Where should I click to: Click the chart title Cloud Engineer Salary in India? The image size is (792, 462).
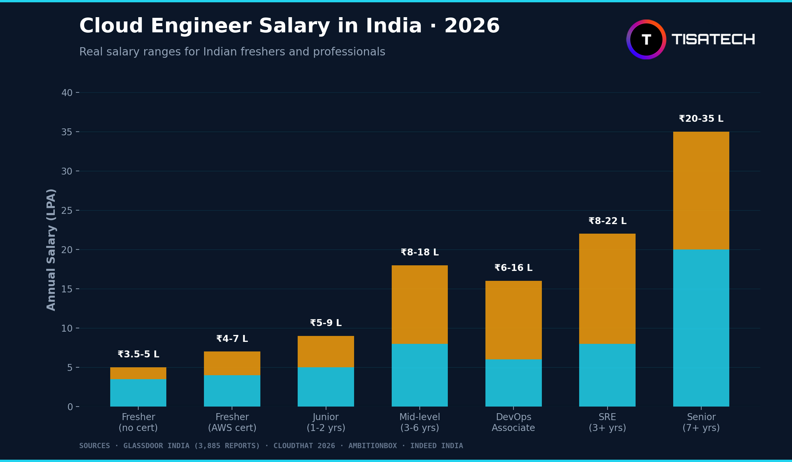pyautogui.click(x=289, y=26)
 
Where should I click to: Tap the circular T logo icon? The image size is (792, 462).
pyautogui.click(x=646, y=40)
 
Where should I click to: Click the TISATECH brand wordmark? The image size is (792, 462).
pyautogui.click(x=713, y=40)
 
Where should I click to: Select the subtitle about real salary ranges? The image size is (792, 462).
pyautogui.click(x=232, y=52)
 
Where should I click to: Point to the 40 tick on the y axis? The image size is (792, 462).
pyautogui.click(x=67, y=93)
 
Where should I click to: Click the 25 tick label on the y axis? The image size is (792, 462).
pyautogui.click(x=67, y=211)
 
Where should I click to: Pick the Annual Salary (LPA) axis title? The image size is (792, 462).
pyautogui.click(x=51, y=250)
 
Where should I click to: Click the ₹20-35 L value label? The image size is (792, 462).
pyautogui.click(x=701, y=119)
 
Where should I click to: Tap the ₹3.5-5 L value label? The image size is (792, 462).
pyautogui.click(x=138, y=354)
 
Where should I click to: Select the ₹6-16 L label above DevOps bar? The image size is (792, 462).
pyautogui.click(x=513, y=268)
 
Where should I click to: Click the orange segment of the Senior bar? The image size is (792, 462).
pyautogui.click(x=701, y=191)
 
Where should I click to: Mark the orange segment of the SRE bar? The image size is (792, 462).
pyautogui.click(x=607, y=289)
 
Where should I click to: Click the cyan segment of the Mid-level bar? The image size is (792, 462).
pyautogui.click(x=419, y=375)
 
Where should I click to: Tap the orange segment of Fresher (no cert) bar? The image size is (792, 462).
pyautogui.click(x=138, y=373)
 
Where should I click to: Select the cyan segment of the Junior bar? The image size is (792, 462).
pyautogui.click(x=326, y=387)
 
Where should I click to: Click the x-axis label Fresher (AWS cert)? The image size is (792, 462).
pyautogui.click(x=232, y=422)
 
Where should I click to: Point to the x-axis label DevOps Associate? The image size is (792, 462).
pyautogui.click(x=513, y=422)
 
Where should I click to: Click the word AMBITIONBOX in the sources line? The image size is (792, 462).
pyautogui.click(x=373, y=446)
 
